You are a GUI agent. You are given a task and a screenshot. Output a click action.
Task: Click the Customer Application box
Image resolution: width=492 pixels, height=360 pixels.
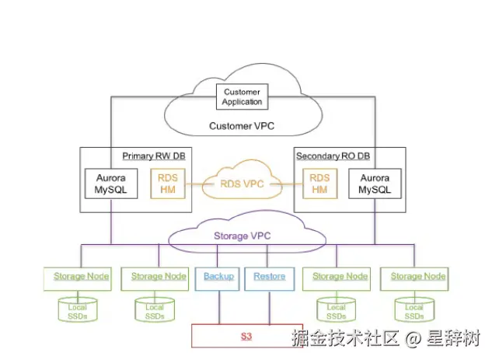pyautogui.click(x=243, y=97)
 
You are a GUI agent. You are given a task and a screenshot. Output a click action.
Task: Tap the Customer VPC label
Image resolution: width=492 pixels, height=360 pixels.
pyautogui.click(x=242, y=125)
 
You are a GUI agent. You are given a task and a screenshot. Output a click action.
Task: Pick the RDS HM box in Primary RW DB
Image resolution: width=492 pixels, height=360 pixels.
pyautogui.click(x=169, y=183)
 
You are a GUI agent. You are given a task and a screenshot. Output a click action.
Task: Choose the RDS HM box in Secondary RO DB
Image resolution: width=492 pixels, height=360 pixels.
pyautogui.click(x=319, y=183)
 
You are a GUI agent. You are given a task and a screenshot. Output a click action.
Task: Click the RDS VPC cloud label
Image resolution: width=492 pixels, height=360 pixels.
pyautogui.click(x=243, y=184)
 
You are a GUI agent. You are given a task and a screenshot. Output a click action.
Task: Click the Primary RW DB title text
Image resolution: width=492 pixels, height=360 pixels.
pyautogui.click(x=154, y=156)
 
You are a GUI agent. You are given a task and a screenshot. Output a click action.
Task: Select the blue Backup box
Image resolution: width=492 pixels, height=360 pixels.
pyautogui.click(x=218, y=277)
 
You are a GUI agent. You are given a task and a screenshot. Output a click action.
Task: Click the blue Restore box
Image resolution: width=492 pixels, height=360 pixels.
pyautogui.click(x=269, y=277)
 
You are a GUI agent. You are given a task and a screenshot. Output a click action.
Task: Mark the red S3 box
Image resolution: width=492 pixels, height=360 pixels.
pyautogui.click(x=246, y=336)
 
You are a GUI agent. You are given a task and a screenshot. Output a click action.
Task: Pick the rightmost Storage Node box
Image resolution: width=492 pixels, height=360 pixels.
pyautogui.click(x=417, y=277)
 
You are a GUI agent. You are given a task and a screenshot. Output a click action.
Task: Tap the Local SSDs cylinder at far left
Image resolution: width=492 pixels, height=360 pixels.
pyautogui.click(x=77, y=309)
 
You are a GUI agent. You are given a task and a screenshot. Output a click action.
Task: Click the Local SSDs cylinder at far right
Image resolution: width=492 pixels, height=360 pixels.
pyautogui.click(x=414, y=309)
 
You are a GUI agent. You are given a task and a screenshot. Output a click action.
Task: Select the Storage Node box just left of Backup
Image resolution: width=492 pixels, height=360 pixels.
pyautogui.click(x=158, y=277)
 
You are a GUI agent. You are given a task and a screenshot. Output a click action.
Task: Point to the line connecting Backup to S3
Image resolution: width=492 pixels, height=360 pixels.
pyautogui.click(x=218, y=307)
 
